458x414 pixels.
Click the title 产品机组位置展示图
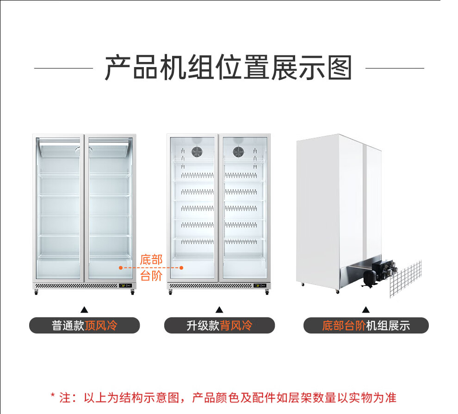click(229, 68)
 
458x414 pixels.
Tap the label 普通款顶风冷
click(84, 325)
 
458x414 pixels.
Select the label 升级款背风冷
click(219, 325)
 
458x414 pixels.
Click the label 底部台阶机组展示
click(366, 325)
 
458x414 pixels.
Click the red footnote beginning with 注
click(223, 397)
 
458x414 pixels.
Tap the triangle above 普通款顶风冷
click(84, 309)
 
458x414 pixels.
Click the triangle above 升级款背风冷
click(219, 309)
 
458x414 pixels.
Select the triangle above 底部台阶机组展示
click(366, 309)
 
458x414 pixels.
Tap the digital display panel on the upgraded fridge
click(259, 285)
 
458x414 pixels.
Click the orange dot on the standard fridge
click(120, 267)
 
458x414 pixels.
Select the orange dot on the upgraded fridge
click(182, 267)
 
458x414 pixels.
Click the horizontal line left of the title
click(63, 68)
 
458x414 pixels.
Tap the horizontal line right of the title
click(395, 68)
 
